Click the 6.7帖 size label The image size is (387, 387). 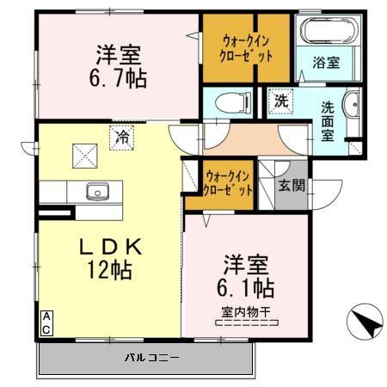tap(120, 77)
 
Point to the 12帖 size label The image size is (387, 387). tap(107, 270)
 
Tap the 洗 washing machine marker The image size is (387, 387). tap(281, 100)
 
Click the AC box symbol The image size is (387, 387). tap(46, 322)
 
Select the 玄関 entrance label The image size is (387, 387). tap(289, 184)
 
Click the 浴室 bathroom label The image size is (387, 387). tap(326, 63)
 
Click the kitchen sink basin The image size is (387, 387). tap(95, 191)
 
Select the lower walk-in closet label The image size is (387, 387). tap(230, 183)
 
